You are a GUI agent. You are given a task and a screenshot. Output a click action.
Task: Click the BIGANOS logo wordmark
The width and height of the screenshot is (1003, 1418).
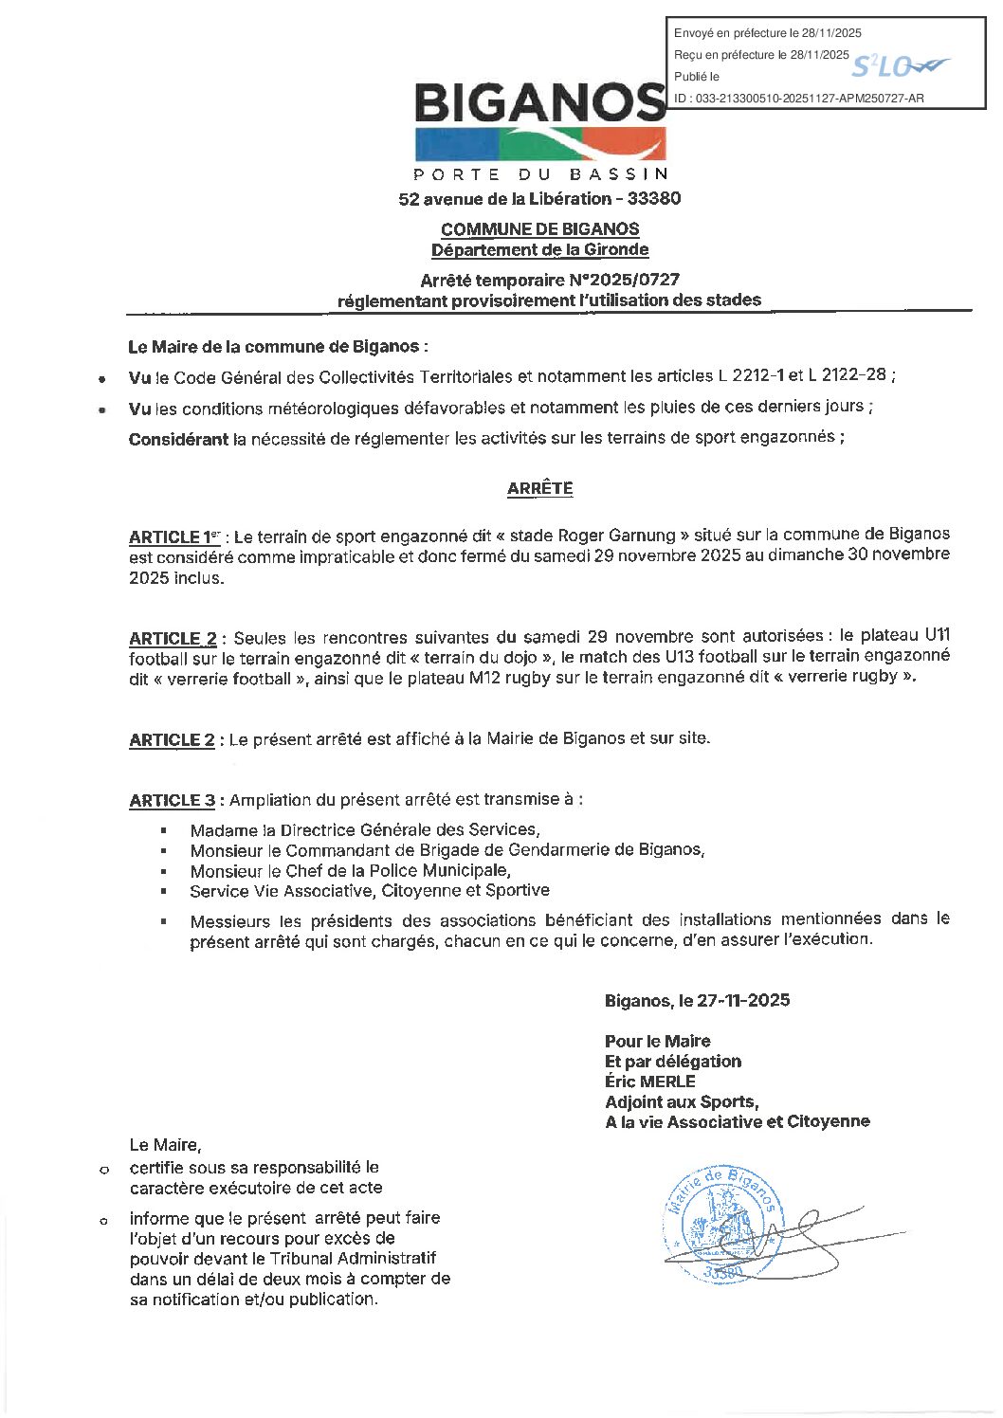[x=539, y=102]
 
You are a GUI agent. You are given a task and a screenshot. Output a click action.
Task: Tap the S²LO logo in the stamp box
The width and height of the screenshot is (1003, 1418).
[x=897, y=66]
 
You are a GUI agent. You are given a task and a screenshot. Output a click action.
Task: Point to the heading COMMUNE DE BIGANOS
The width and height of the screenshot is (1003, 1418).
[x=539, y=229]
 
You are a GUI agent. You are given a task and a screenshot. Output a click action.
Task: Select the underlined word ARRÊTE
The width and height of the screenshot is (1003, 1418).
[x=539, y=489]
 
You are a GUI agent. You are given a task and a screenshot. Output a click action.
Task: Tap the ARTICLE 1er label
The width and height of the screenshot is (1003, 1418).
[x=174, y=537]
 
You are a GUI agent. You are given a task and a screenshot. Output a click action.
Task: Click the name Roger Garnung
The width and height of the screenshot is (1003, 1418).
[x=616, y=536]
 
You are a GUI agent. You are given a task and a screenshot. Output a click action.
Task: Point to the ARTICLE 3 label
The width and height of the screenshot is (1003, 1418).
[x=172, y=801]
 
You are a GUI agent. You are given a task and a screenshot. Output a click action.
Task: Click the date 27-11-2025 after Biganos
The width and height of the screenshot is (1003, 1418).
[x=743, y=1001]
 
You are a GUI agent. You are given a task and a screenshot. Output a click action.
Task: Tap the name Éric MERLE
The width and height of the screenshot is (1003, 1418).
[x=650, y=1082]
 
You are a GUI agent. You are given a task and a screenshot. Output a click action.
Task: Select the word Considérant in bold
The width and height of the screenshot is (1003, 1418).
[x=178, y=439]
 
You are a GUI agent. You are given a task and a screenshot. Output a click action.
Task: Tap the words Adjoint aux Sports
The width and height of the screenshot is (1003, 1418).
[x=681, y=1101]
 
